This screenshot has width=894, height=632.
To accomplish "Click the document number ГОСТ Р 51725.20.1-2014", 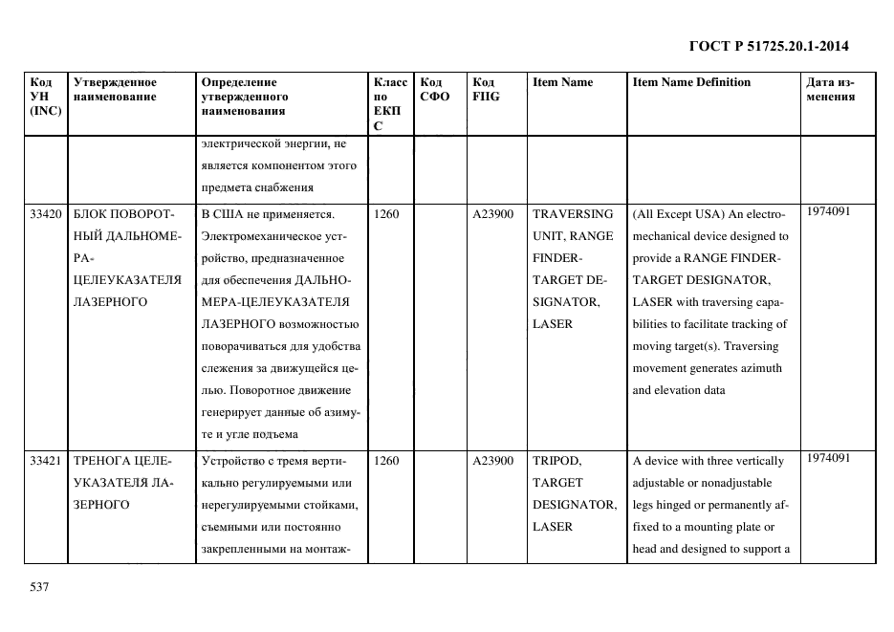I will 768,46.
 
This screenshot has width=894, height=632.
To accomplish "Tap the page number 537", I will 39,587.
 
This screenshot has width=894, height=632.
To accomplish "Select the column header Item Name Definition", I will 691,82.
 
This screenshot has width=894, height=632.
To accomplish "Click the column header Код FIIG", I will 485,89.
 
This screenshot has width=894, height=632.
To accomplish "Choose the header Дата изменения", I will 830,89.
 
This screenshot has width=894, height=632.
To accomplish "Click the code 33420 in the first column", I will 46,214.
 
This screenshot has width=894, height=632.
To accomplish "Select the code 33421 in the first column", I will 46,461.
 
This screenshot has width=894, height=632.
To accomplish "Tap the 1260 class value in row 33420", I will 387,214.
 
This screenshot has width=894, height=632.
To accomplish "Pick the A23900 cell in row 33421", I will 493,461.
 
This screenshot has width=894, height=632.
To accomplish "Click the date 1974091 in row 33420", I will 828,211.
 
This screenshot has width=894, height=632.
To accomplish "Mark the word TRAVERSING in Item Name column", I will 573,214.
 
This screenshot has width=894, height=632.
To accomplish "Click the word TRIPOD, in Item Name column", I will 556,461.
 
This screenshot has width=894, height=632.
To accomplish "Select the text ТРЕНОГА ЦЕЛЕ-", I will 120,461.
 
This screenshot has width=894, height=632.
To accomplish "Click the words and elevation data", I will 679,390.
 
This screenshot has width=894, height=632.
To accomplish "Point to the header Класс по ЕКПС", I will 390,103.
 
